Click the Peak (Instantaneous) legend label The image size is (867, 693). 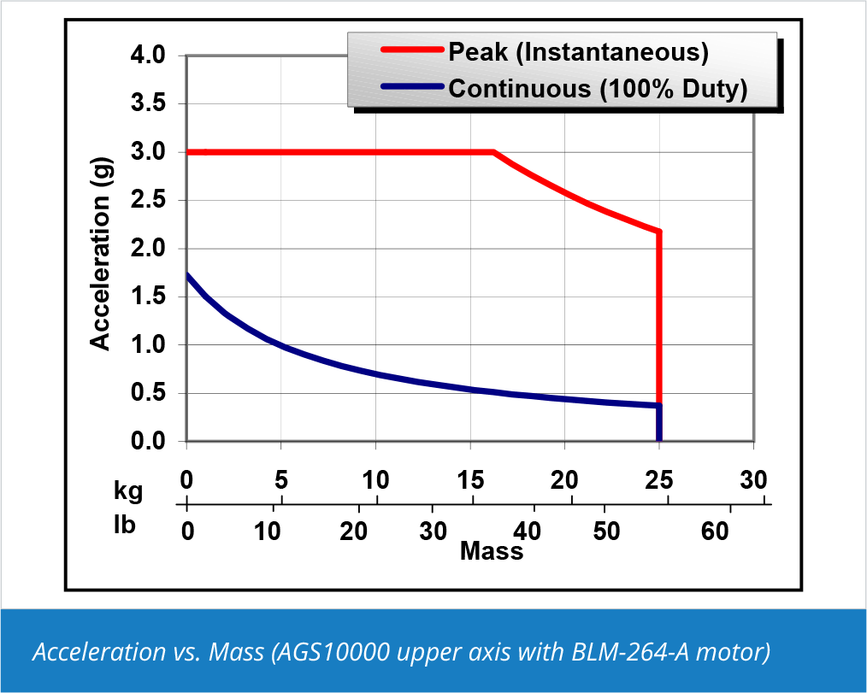[578, 53]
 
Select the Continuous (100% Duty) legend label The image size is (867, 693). [598, 88]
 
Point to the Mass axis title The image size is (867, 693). [491, 552]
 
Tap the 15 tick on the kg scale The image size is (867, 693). [469, 481]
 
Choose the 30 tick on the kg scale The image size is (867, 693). [753, 481]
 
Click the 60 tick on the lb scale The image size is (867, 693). [715, 531]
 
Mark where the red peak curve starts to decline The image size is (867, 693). [494, 152]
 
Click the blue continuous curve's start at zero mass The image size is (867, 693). [186, 275]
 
